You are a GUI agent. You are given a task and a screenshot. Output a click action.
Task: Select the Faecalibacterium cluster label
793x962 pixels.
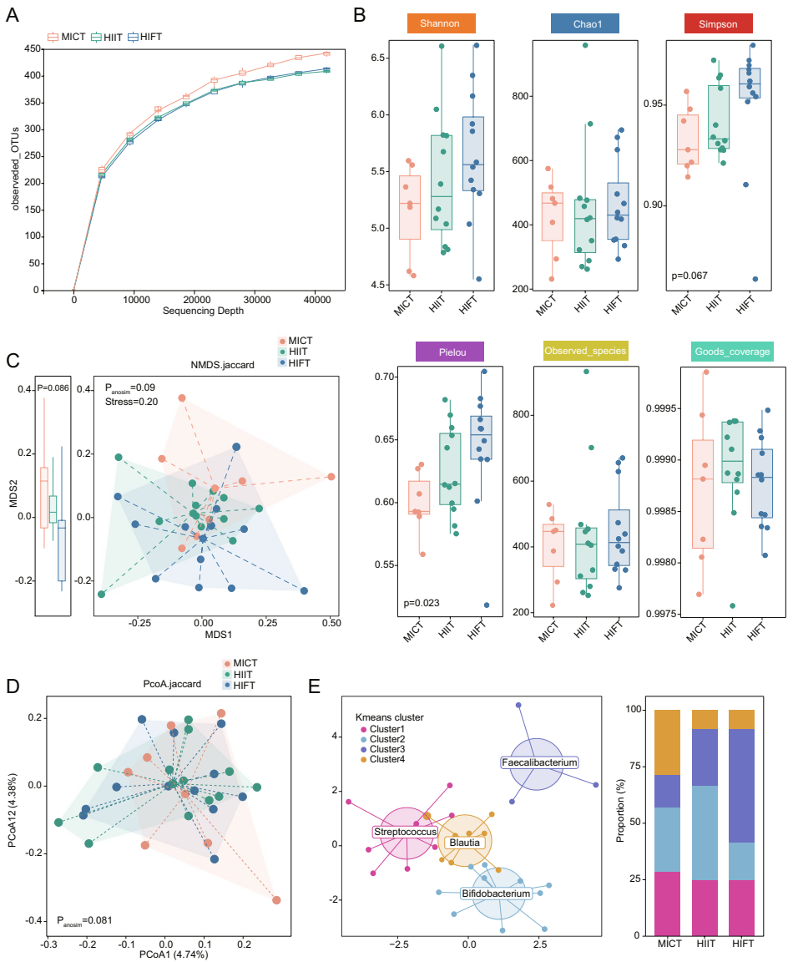pyautogui.click(x=539, y=762)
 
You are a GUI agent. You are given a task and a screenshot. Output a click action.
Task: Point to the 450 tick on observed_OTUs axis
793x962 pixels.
pyautogui.click(x=31, y=48)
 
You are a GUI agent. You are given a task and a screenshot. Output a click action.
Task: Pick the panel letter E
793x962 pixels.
pyautogui.click(x=314, y=686)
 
